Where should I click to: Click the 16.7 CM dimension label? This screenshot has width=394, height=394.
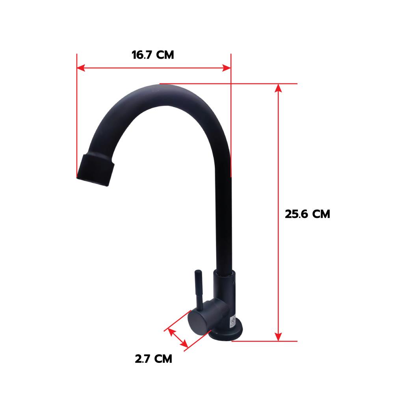pyautogui.click(x=153, y=55)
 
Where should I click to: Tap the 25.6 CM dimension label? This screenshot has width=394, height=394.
pyautogui.click(x=307, y=214)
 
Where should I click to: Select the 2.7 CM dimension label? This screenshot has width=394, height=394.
pyautogui.click(x=154, y=359)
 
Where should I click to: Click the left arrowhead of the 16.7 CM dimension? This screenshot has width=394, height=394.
pyautogui.click(x=81, y=68)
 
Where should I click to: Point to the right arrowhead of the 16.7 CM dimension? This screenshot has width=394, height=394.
pyautogui.click(x=227, y=68)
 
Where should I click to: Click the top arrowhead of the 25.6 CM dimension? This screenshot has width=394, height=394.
pyautogui.click(x=278, y=88)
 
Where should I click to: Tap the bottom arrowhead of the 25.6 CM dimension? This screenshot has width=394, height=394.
pyautogui.click(x=278, y=337)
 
